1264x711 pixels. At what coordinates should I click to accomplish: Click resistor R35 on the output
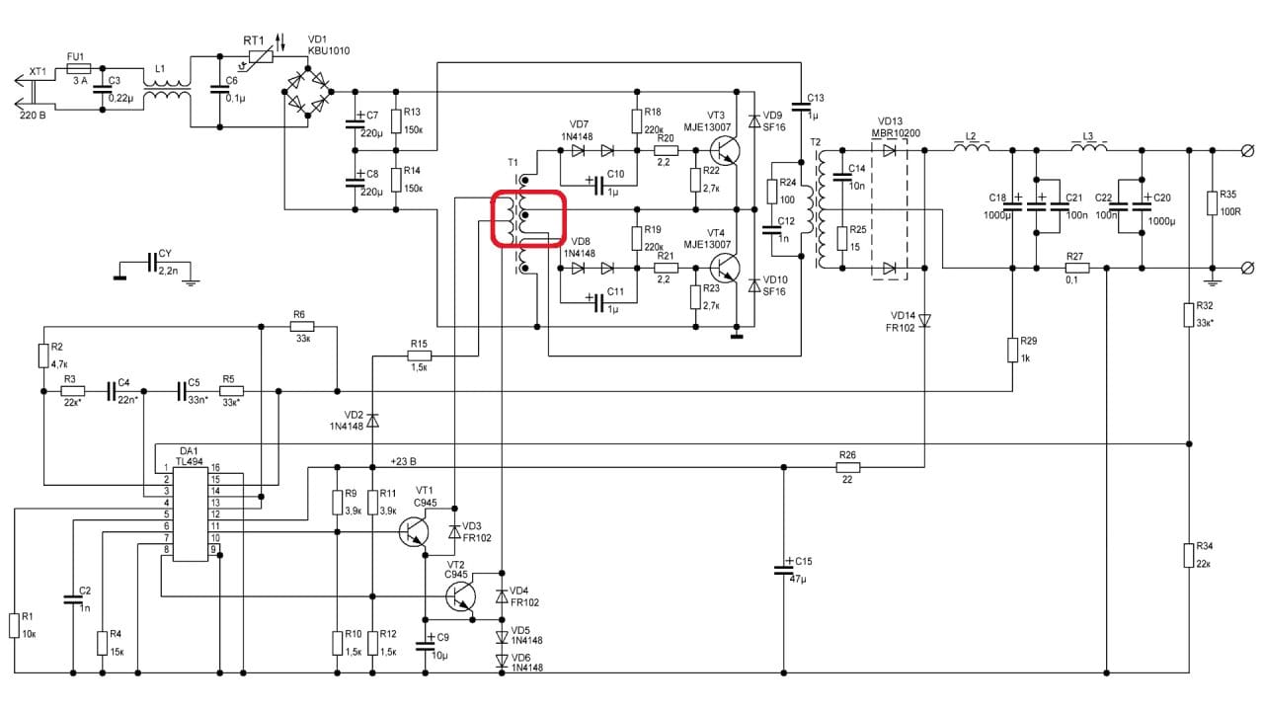(1213, 202)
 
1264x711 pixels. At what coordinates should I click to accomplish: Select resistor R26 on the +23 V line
(847, 467)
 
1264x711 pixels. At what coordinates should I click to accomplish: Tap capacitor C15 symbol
(783, 571)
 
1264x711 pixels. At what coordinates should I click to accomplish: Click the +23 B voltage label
(403, 461)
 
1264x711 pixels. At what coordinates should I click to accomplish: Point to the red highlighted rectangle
(528, 219)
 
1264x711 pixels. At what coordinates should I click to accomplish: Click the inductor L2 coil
(971, 149)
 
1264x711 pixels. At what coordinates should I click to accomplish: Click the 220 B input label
(33, 116)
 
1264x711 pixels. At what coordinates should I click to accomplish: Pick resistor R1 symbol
(15, 625)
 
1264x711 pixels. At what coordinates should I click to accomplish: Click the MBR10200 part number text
(897, 133)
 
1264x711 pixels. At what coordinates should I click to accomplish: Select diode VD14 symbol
(925, 319)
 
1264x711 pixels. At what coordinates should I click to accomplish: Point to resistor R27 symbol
(1076, 268)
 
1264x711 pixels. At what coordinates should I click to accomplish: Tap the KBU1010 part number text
(328, 50)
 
